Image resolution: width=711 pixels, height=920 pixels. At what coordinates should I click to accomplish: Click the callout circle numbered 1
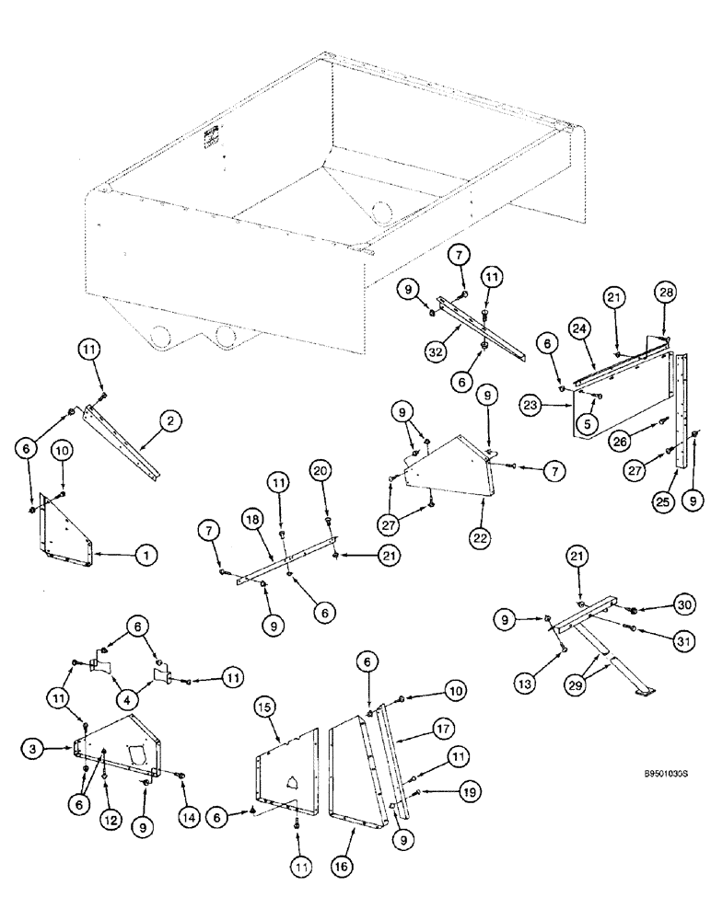click(146, 555)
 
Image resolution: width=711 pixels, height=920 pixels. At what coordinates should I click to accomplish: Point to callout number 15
click(264, 708)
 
